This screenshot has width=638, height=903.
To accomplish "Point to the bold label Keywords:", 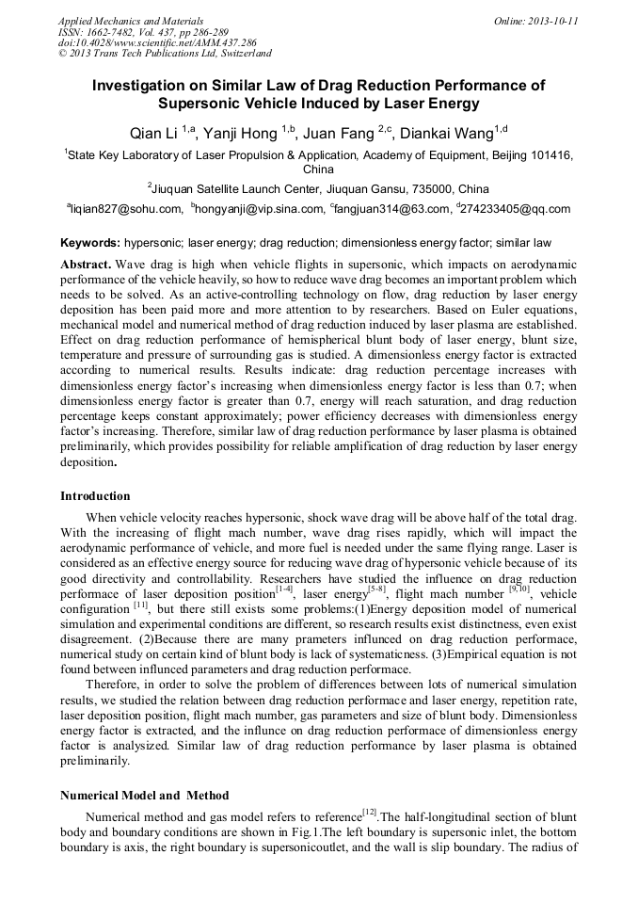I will coord(90,242).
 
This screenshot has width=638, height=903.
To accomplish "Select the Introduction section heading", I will coord(95,496).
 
